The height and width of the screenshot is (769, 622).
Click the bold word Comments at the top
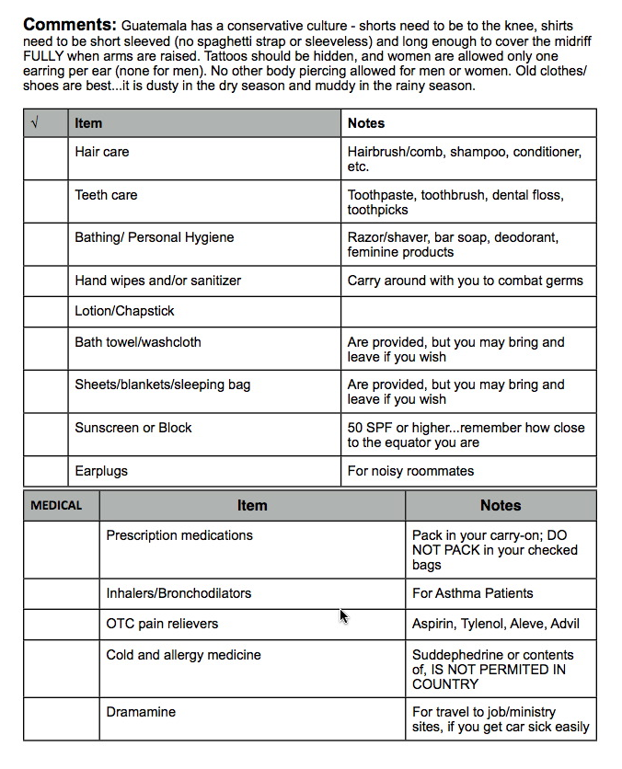point(70,24)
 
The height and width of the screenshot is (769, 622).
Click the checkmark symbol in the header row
point(35,122)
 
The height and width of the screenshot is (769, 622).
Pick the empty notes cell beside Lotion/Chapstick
point(468,311)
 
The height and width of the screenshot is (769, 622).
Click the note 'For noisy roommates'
point(410,471)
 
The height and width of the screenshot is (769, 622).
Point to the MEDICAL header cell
point(56,505)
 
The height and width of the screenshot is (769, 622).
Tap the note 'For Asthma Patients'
point(472,593)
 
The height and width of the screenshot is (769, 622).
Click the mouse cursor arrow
point(344,616)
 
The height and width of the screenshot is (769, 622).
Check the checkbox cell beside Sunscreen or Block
point(46,435)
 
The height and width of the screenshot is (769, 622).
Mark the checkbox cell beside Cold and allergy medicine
point(61,670)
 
